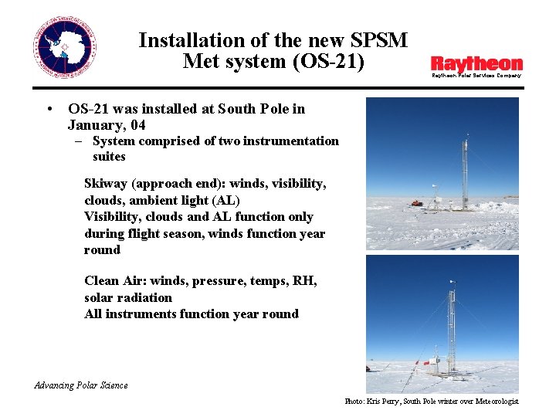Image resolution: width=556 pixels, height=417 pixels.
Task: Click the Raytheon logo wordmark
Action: tap(476, 63)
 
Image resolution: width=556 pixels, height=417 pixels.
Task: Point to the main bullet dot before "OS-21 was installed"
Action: tap(49, 109)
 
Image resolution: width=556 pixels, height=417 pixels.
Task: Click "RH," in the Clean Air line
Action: tap(304, 281)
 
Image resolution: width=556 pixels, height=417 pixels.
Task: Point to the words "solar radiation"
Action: tap(128, 297)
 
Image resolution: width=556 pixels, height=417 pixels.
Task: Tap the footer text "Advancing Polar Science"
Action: tap(81, 385)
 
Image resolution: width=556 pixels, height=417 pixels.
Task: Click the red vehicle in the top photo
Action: tap(418, 204)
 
